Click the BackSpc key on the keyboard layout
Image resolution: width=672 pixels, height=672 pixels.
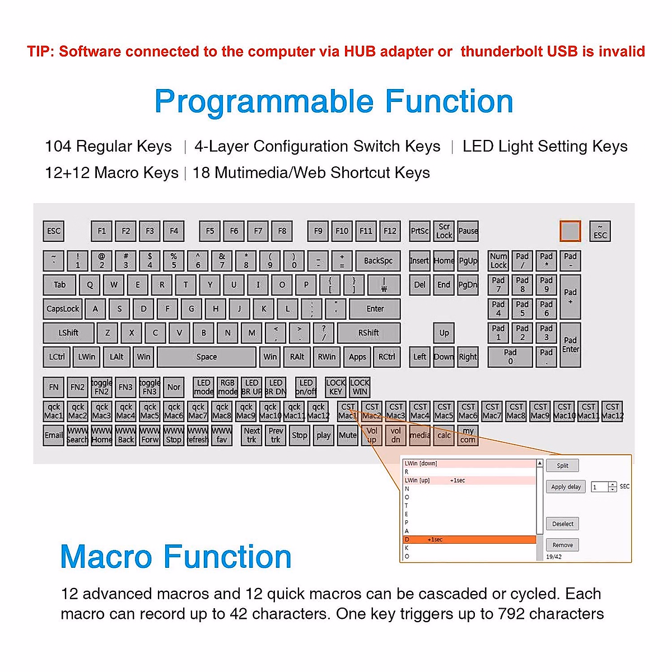378,261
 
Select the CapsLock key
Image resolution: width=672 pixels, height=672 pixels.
63,309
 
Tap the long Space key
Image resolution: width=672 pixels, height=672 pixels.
206,357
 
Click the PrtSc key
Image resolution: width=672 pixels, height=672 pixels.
419,231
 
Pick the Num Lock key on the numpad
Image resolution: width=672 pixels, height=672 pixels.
498,261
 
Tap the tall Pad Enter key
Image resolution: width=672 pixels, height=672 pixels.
570,345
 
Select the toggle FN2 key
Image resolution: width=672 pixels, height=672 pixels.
101,387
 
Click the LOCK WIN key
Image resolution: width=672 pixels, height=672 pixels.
360,387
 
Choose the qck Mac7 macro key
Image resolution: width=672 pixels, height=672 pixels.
198,411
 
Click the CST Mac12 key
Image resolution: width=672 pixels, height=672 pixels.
612,411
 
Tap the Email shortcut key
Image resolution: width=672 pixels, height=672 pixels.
54,435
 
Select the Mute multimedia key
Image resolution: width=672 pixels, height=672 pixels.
347,435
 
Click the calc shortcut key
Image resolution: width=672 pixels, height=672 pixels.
444,435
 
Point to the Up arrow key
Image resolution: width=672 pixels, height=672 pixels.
444,333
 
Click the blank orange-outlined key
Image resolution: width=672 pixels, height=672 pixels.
570,231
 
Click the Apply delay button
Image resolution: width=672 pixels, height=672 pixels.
566,487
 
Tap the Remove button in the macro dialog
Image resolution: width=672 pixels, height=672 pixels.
562,545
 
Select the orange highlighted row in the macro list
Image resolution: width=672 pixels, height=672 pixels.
469,540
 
